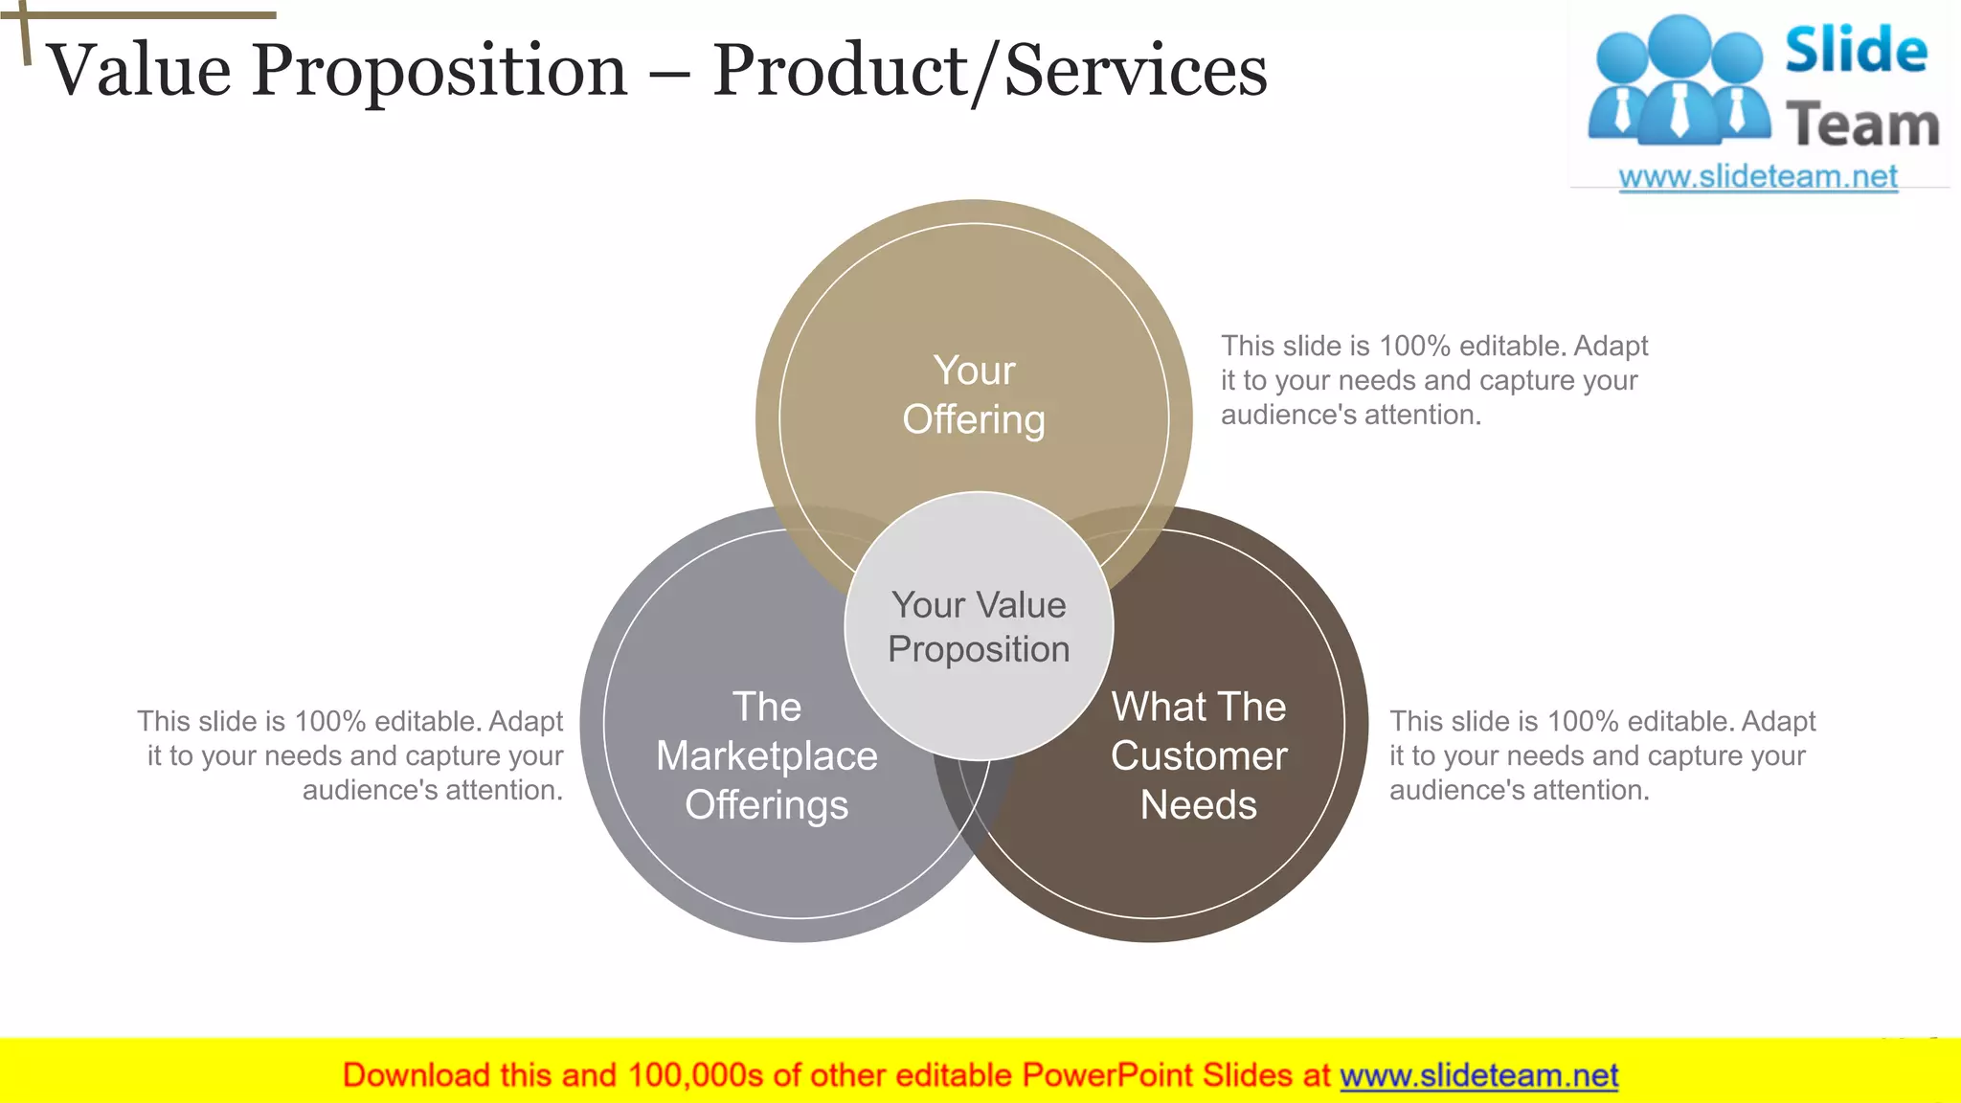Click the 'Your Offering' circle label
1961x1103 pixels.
[974, 395]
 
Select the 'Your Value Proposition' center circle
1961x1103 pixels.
[979, 627]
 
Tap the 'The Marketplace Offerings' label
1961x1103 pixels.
[766, 755]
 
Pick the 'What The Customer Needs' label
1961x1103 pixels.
[1198, 755]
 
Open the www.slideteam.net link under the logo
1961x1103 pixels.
[1758, 177]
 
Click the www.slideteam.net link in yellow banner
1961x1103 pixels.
[1478, 1075]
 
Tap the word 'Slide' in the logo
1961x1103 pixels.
[1856, 50]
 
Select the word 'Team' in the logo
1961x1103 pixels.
[1862, 125]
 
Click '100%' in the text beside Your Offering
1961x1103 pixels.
[1414, 346]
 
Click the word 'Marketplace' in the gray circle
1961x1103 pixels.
[766, 756]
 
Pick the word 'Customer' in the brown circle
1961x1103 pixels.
[1198, 756]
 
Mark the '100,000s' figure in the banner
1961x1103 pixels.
[695, 1075]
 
